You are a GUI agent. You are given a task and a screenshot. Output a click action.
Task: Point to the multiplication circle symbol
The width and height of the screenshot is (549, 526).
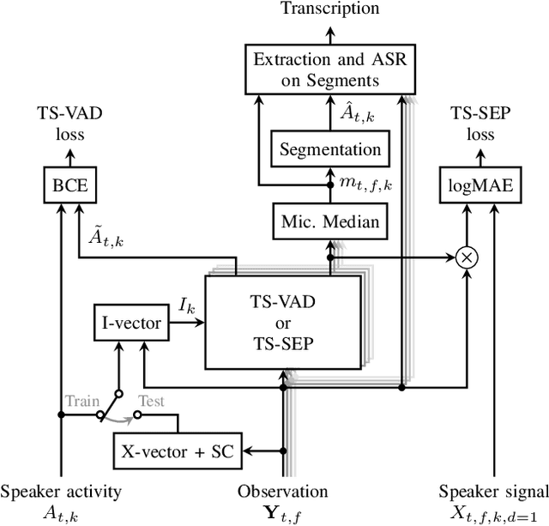pyautogui.click(x=467, y=257)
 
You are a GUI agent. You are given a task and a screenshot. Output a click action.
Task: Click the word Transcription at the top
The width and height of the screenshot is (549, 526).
pyautogui.click(x=330, y=9)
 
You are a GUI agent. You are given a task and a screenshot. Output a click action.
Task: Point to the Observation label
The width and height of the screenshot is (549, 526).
pyautogui.click(x=282, y=492)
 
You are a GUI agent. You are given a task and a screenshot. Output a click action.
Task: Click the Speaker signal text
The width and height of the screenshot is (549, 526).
pyautogui.click(x=492, y=492)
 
